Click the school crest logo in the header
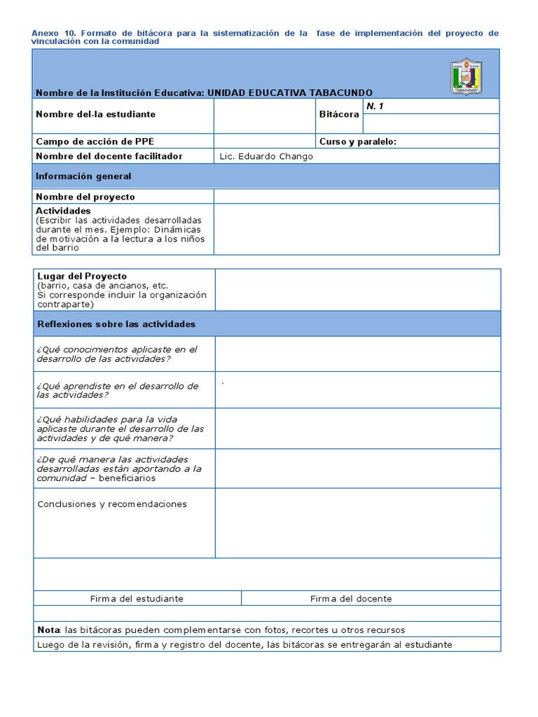click(465, 76)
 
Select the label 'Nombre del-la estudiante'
click(95, 113)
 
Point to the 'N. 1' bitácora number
click(375, 106)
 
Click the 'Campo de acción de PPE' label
click(95, 141)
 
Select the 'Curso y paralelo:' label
click(357, 141)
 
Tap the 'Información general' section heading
click(83, 176)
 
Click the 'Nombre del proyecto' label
click(85, 197)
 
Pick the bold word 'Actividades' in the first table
click(63, 211)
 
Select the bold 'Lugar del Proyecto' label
click(82, 277)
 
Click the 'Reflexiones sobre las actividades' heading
click(116, 324)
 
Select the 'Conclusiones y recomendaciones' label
click(112, 504)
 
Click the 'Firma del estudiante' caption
click(137, 599)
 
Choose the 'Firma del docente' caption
click(351, 599)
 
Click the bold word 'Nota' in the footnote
click(49, 630)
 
